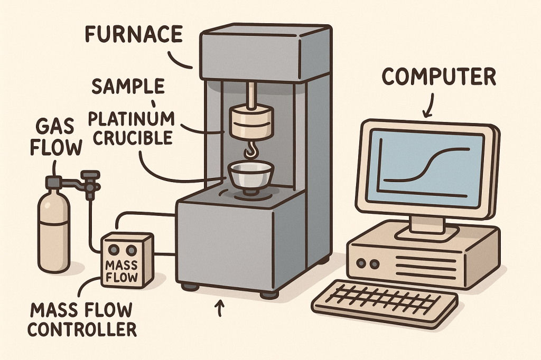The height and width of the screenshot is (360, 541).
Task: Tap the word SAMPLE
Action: [127, 86]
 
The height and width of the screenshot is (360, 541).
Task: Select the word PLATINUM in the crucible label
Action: [132, 118]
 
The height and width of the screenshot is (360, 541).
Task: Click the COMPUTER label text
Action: [439, 77]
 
